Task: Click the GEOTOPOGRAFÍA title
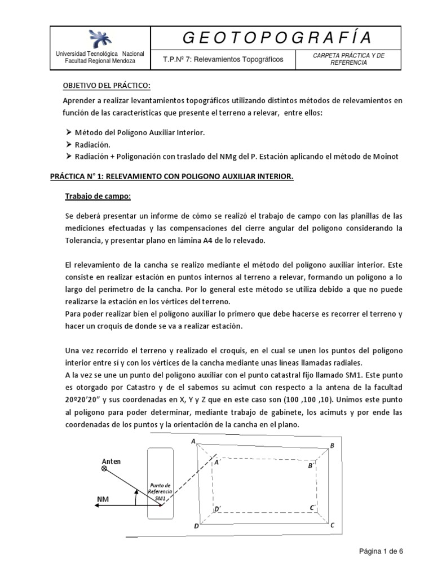coord(278,38)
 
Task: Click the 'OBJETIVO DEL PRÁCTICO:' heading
coord(107,85)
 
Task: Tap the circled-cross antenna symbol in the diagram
coord(104,469)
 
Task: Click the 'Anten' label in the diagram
coord(111,461)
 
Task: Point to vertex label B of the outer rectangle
coord(332,446)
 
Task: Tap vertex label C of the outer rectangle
coord(333,525)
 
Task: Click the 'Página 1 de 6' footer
coord(382,552)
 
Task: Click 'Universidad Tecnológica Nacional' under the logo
coord(99,54)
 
